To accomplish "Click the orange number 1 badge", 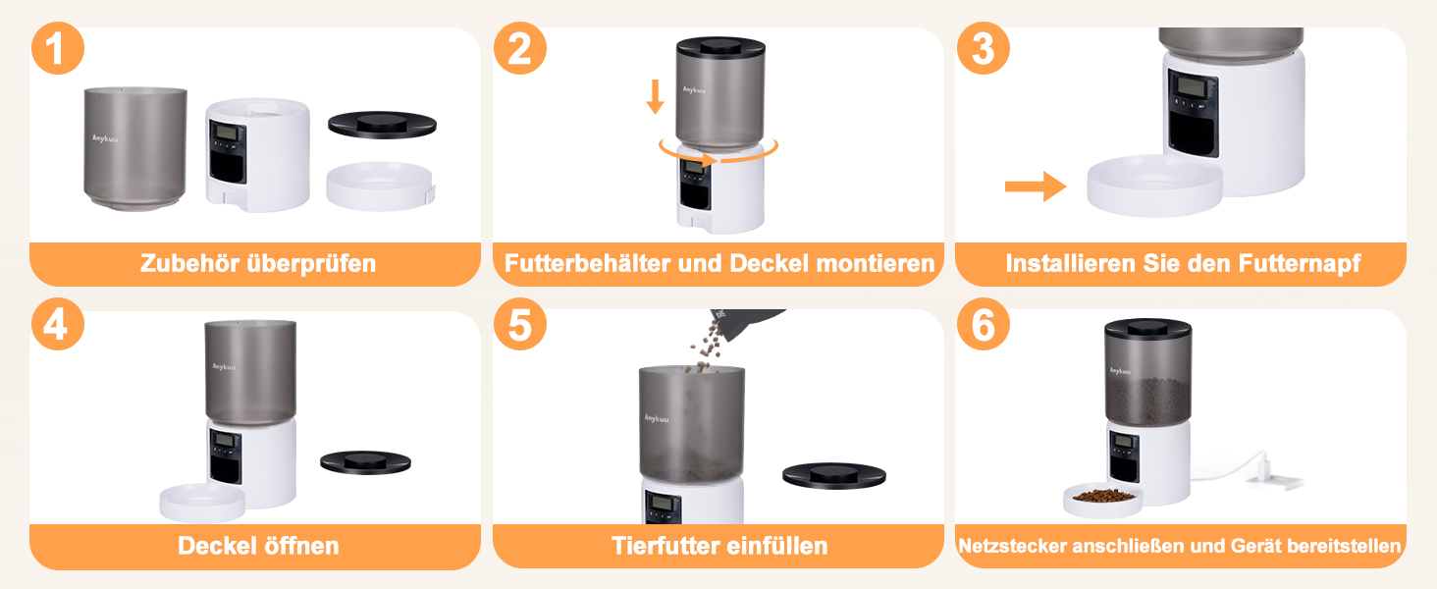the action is pyautogui.click(x=58, y=48).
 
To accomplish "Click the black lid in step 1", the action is pyautogui.click(x=383, y=125).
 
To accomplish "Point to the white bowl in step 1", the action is pyautogui.click(x=381, y=187).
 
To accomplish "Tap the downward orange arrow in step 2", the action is pyautogui.click(x=655, y=96).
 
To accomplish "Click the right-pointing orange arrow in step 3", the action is pyautogui.click(x=1036, y=187).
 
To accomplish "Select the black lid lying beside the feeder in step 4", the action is pyautogui.click(x=366, y=462).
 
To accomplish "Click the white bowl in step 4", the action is pyautogui.click(x=202, y=502).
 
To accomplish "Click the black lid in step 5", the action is pyautogui.click(x=834, y=475).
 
